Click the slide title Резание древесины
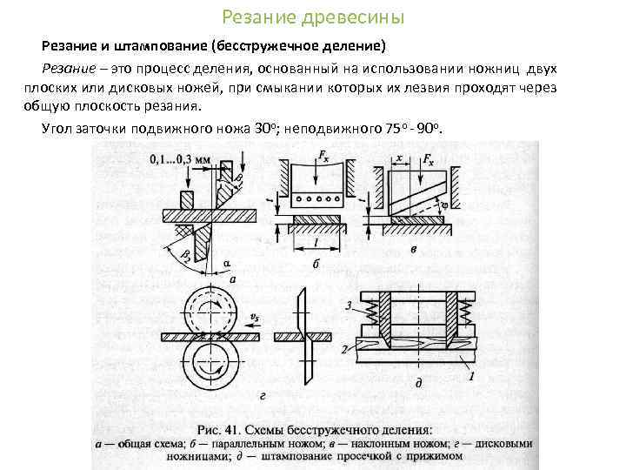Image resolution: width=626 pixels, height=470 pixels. (313, 17)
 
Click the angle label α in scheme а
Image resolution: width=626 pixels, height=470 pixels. (227, 259)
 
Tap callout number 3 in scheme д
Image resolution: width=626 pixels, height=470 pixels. (347, 305)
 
